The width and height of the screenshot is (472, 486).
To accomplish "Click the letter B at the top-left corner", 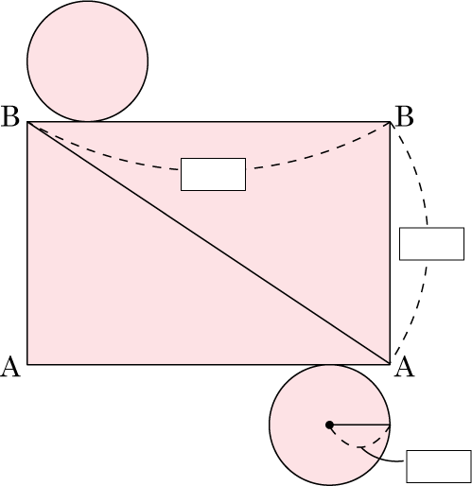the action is (10, 116).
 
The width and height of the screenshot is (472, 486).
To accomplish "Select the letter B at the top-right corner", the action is (404, 116).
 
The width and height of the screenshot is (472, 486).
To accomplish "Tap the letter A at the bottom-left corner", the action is (10, 366).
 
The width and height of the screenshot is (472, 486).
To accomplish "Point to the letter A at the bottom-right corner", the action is (405, 366).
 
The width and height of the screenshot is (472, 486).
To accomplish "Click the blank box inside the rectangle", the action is (213, 174).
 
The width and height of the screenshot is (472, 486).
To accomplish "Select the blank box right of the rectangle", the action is (431, 244).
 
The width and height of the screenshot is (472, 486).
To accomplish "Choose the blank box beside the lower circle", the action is (439, 466).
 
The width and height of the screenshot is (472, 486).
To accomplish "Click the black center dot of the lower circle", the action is (329, 425).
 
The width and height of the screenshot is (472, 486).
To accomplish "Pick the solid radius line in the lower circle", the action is (359, 425).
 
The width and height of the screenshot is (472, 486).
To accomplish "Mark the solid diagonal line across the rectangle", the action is (209, 243).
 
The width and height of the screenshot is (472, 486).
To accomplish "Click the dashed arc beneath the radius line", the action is (359, 446).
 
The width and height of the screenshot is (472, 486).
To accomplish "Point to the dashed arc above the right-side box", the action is (415, 170).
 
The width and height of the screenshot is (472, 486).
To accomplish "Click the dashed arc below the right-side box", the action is (414, 312).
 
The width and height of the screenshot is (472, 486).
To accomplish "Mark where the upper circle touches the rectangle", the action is (88, 121).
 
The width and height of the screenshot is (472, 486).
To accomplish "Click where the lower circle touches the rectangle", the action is (329, 365).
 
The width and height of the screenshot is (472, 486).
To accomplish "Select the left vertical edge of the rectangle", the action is (27, 243).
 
